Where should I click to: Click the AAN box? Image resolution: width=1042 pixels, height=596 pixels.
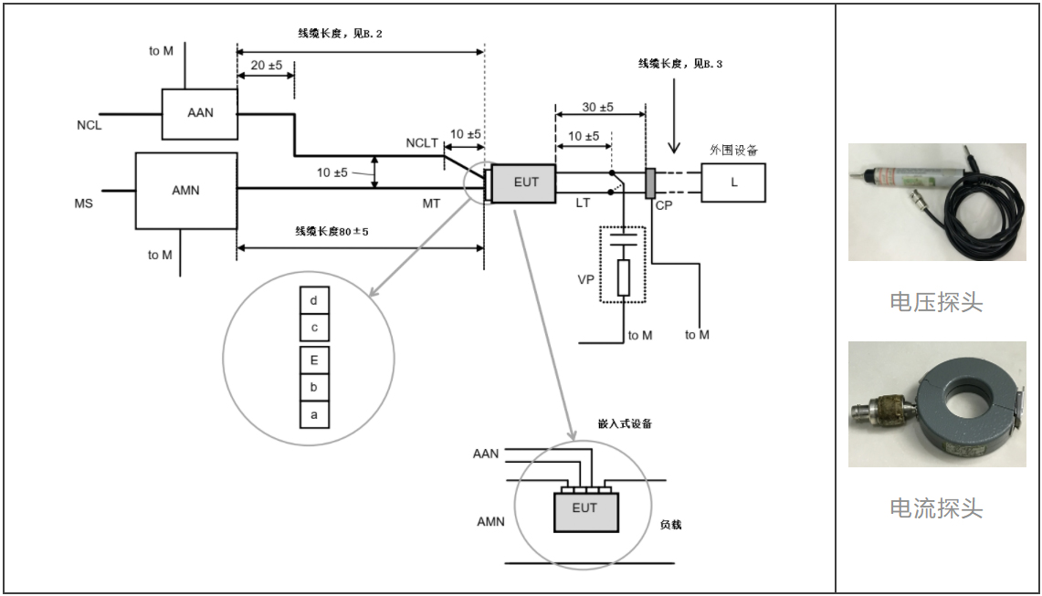click(x=199, y=114)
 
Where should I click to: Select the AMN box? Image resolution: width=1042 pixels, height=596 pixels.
click(x=185, y=191)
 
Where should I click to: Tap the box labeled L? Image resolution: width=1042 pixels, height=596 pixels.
click(x=733, y=183)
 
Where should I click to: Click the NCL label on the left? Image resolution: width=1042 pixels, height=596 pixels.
click(x=89, y=125)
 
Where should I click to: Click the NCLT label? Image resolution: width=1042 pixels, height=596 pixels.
click(x=423, y=143)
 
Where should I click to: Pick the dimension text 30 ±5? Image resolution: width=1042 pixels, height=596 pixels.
click(x=598, y=107)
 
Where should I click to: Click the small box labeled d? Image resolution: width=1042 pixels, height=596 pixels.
click(x=314, y=300)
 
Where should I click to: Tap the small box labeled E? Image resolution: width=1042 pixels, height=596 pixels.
click(x=314, y=361)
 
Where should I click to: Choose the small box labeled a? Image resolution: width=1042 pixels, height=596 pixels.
click(x=314, y=414)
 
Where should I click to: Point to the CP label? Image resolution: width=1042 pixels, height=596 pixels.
click(x=663, y=206)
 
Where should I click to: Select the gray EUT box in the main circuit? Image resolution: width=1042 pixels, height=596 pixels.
click(x=526, y=183)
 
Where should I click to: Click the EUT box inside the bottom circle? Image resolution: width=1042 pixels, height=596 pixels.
click(x=584, y=509)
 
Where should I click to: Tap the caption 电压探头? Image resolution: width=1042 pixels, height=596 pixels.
click(x=936, y=303)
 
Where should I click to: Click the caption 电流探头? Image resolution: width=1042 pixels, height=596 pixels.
click(x=936, y=508)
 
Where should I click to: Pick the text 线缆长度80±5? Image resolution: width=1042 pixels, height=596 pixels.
click(x=332, y=231)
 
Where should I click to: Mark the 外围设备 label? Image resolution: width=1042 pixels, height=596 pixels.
click(x=733, y=149)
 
